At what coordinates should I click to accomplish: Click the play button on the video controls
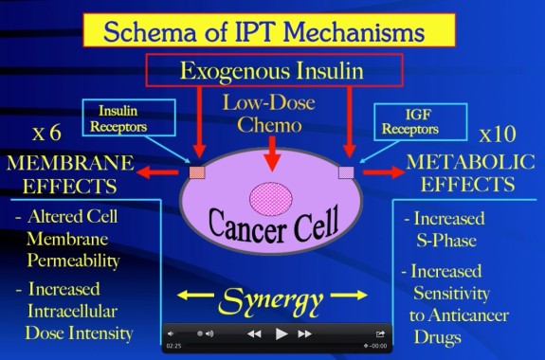tap(281, 333)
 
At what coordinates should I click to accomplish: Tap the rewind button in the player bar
tap(254, 333)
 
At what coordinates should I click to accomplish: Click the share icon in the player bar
tap(380, 333)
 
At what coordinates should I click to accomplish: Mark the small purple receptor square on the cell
tap(346, 172)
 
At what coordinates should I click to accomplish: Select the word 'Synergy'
tap(270, 304)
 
